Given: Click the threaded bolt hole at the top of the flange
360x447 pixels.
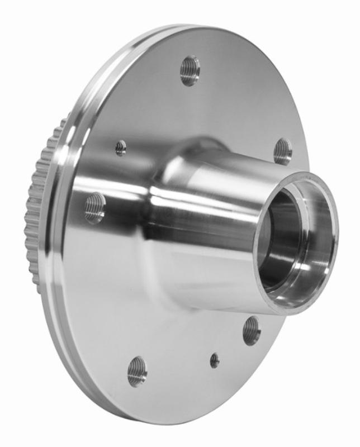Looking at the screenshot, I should [190, 70].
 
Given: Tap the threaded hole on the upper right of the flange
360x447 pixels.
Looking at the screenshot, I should [283, 151].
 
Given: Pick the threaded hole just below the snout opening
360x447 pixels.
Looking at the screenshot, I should [252, 331].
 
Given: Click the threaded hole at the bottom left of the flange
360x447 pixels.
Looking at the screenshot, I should [137, 372].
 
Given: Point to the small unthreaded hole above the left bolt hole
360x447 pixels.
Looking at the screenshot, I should [121, 148].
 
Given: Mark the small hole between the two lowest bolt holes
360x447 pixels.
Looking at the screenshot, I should [215, 360].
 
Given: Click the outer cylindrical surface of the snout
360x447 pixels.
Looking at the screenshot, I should [224, 184].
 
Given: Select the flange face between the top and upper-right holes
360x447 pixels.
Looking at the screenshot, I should [246, 101].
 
